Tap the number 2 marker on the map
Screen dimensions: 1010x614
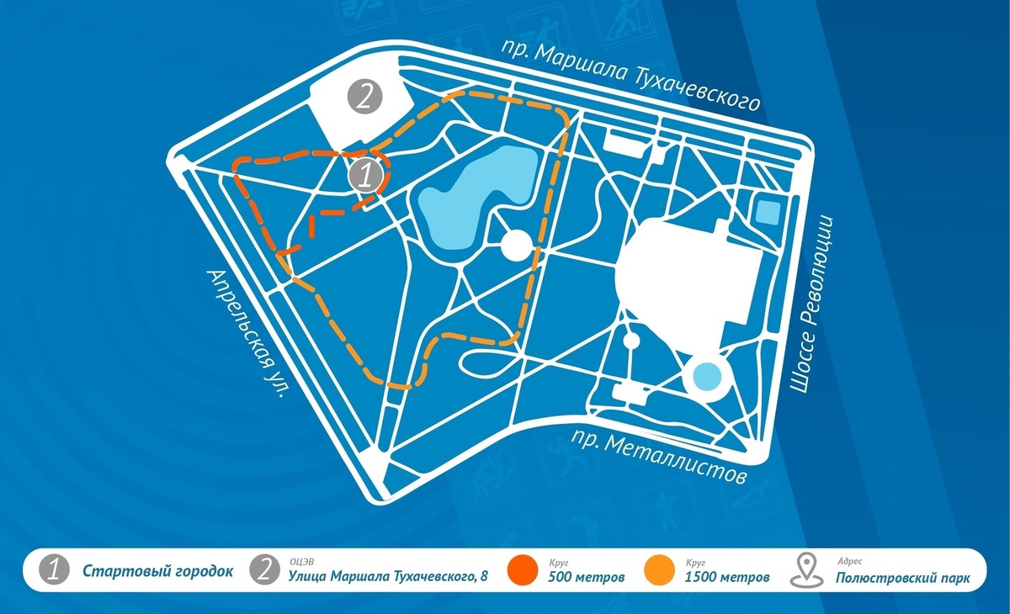[364, 98]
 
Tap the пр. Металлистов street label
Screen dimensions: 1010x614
[659, 458]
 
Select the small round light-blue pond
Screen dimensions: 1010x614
[705, 376]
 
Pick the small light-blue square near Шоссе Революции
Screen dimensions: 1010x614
[768, 211]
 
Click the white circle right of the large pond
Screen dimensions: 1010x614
[516, 246]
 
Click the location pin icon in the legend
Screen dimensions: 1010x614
[807, 571]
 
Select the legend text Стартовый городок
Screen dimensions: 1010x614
[157, 572]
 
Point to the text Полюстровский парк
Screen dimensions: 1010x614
[902, 578]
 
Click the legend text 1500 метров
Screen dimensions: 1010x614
[726, 578]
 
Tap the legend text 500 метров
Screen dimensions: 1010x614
[586, 578]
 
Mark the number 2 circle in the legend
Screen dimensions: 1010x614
[265, 572]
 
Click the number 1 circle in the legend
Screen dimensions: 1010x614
[55, 572]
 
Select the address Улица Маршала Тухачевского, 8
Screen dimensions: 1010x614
[388, 578]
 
